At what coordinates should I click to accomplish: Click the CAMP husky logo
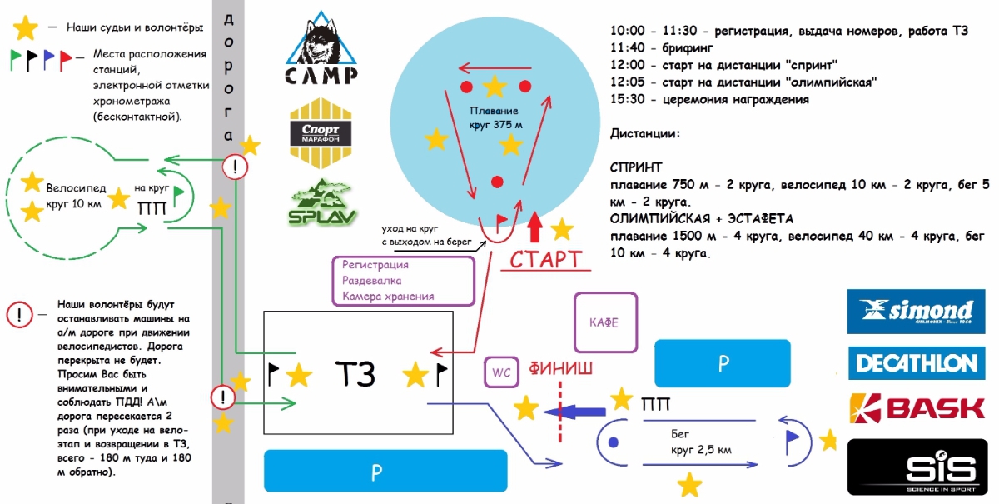(x=322, y=49)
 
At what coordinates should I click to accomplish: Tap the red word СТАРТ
(x=545, y=259)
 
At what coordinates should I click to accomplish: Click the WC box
(x=501, y=372)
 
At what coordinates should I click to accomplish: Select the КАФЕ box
(x=604, y=322)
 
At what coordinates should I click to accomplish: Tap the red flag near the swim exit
(x=502, y=220)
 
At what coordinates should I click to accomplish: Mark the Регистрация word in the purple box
(x=375, y=265)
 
